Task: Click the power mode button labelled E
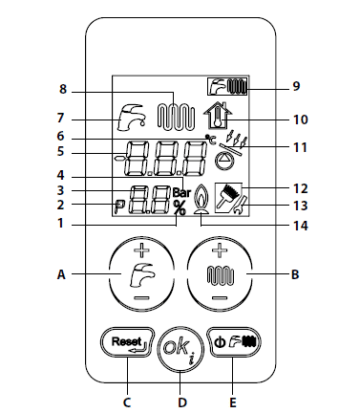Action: point(234,342)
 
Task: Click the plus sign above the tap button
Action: point(141,250)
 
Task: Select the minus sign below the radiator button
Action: point(220,298)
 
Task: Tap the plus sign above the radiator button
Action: point(220,250)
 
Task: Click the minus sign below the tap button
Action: point(141,298)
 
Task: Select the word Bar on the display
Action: point(181,192)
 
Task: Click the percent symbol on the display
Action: point(180,207)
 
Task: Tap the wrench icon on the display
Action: point(241,204)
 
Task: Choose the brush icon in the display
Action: point(228,198)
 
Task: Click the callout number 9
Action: point(296,86)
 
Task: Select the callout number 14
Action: point(300,226)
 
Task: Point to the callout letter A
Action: point(61,274)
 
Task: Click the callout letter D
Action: point(181,402)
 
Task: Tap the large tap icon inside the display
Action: point(130,117)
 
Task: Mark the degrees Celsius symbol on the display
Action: point(210,140)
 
